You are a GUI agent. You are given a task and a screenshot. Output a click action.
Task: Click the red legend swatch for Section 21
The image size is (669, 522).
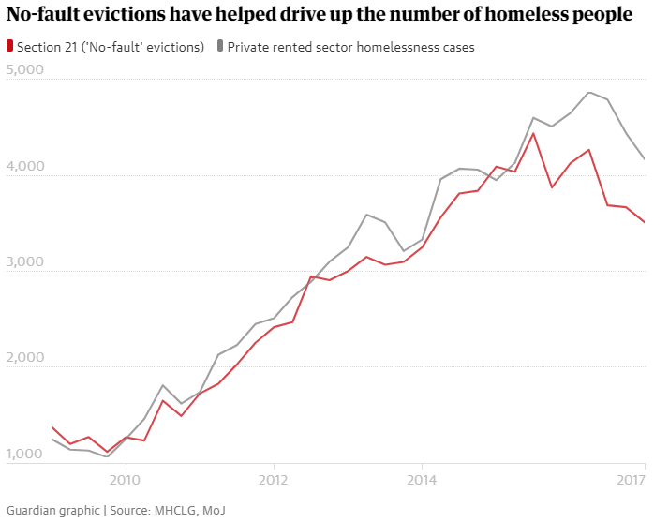pos(9,46)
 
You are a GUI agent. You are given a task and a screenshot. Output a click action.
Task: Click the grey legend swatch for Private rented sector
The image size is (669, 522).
pos(220,46)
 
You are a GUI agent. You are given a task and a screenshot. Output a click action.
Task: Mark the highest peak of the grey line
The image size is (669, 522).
pos(588,92)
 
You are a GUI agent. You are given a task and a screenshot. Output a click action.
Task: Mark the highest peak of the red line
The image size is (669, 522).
pos(533,133)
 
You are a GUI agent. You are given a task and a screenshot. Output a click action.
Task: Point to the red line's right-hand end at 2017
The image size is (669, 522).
pos(644,222)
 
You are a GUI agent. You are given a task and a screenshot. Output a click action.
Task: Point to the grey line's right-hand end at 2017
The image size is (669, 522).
pos(644,159)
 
